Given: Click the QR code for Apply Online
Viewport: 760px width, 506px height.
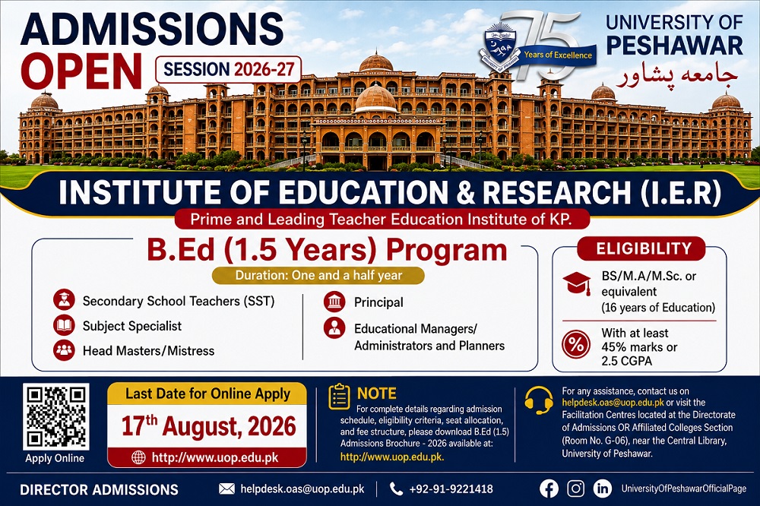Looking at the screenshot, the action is click(x=55, y=417).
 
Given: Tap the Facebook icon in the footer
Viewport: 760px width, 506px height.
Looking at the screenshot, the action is click(x=549, y=489).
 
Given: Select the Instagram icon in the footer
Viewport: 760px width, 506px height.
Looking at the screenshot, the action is click(x=575, y=489).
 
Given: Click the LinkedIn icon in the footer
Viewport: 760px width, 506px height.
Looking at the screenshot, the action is click(x=603, y=489).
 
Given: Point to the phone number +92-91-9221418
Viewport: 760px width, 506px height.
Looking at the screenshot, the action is click(x=451, y=489).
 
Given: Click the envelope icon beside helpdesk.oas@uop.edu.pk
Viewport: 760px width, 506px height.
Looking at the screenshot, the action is click(x=226, y=489).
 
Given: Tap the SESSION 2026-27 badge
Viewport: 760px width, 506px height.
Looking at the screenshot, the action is click(x=229, y=70).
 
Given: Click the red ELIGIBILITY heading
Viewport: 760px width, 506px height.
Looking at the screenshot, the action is click(x=644, y=248).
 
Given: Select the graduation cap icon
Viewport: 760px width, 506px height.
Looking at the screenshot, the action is click(x=577, y=283).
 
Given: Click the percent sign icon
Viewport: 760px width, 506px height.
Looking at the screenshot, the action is click(x=576, y=345).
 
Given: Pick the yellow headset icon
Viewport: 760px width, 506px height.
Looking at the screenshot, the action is click(x=539, y=400).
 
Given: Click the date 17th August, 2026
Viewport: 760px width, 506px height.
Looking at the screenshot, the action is click(x=208, y=426).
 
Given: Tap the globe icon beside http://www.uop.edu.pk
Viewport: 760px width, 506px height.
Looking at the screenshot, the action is click(x=138, y=457).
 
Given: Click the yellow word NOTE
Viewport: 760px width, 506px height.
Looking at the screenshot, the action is click(x=377, y=393).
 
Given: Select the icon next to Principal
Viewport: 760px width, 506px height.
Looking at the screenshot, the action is click(x=334, y=302).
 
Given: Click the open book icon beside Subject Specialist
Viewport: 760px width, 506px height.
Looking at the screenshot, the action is click(x=64, y=326).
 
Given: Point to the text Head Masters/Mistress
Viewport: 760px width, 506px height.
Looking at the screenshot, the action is click(x=148, y=351).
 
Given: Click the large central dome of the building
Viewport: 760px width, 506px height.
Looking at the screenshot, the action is click(x=376, y=98).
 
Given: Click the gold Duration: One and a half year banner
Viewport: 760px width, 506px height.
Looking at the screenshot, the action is click(x=318, y=275).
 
